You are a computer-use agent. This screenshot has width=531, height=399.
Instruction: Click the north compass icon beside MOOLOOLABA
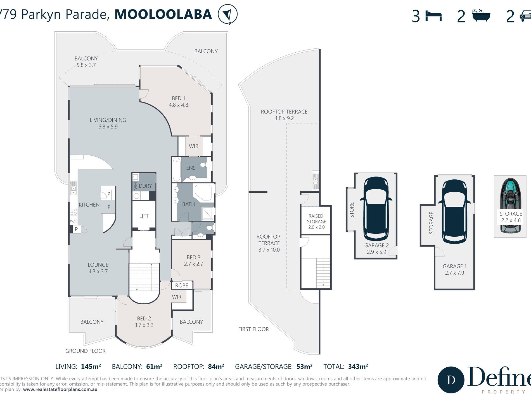pos(227,14)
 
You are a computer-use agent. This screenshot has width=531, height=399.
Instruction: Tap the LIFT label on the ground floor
pos(144,216)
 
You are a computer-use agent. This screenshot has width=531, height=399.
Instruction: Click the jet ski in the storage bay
pos(510,206)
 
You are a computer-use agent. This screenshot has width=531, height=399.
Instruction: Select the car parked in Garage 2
pos(376,209)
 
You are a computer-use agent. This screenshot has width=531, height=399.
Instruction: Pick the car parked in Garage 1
pos(454,212)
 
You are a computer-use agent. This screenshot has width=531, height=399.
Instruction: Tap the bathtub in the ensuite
pos(176,170)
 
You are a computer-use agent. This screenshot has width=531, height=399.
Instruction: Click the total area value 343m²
pos(358,367)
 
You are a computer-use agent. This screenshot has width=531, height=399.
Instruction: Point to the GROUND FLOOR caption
pos(86,351)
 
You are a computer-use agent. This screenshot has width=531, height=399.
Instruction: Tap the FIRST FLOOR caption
pos(253,329)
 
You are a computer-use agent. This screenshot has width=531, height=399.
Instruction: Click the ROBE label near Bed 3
pos(182,285)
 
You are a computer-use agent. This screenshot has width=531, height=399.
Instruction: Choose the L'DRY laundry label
pos(145,186)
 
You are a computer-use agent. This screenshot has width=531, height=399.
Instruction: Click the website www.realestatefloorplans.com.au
pos(60,389)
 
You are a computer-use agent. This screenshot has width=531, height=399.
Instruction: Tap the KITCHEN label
pos(89,205)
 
